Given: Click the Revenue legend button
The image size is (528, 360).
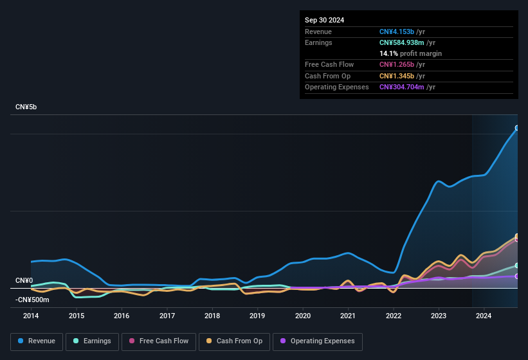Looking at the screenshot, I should click(37, 341).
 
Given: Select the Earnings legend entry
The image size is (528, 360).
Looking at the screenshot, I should click(93, 341).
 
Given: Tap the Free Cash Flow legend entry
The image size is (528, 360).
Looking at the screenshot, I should click(158, 341).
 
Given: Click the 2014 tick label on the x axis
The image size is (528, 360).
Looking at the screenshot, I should click(31, 316).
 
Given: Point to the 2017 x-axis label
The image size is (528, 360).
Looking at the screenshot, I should click(167, 316).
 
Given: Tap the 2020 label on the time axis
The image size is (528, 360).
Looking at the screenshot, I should click(303, 316).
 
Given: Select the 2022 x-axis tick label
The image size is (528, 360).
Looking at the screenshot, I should click(394, 316).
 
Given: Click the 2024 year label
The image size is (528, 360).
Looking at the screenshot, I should click(484, 316).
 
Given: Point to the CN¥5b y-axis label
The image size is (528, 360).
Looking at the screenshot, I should click(26, 107).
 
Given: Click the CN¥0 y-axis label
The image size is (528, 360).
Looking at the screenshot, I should click(24, 281).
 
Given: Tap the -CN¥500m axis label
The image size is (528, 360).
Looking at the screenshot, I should click(32, 300).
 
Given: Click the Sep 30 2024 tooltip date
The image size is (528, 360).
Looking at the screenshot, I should click(324, 20).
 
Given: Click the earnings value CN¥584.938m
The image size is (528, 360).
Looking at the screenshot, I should click(405, 42).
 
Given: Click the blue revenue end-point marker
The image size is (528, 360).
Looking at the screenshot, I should click(517, 128).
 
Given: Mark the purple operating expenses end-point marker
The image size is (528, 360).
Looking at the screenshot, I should click(517, 276).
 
